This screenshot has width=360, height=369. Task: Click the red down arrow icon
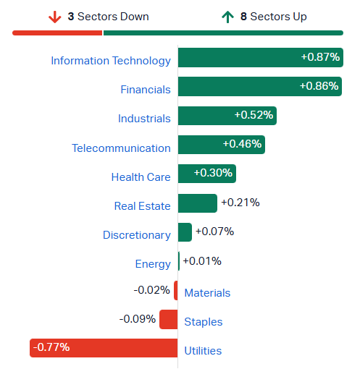[55, 17]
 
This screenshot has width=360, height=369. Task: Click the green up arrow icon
[227, 17]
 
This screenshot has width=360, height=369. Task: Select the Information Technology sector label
[111, 61]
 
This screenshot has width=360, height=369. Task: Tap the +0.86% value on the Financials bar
[319, 86]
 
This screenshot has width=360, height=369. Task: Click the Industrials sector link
[144, 119]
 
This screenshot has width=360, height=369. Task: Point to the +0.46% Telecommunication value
[242, 144]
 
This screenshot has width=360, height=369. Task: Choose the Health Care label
[141, 177]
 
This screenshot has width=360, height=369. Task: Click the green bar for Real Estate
[198, 203]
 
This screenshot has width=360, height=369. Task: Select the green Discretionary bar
[185, 232]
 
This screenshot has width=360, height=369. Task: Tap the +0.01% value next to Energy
[202, 261]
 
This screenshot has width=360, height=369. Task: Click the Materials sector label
[207, 293]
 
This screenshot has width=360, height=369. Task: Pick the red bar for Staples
[169, 319]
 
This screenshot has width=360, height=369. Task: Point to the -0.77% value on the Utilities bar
[51, 347]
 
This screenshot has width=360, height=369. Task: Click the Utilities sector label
[203, 351]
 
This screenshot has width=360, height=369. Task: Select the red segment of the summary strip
[57, 33]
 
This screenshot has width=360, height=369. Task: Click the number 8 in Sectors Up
[243, 17]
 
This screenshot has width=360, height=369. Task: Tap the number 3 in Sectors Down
[71, 17]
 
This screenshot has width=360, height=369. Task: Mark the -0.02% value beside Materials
[152, 290]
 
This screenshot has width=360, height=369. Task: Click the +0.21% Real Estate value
[240, 203]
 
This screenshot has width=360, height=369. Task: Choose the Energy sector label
[153, 264]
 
